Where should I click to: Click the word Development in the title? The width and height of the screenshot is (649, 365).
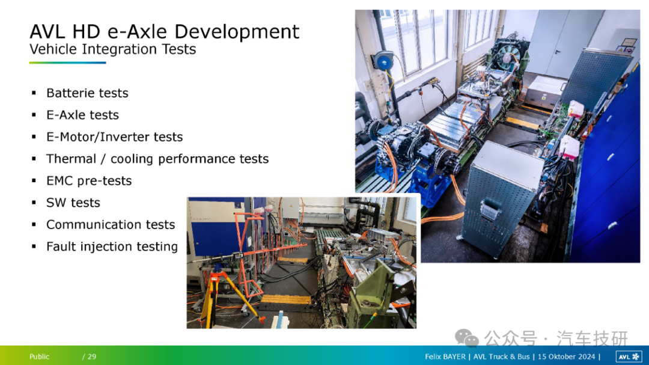[237, 32]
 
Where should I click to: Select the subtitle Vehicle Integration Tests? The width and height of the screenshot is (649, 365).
[112, 49]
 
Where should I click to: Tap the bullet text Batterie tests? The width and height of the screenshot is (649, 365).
[87, 93]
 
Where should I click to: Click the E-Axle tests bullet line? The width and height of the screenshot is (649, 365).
[82, 115]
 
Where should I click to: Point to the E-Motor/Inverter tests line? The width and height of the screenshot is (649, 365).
[114, 136]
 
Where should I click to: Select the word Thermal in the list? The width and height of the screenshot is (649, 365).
[71, 159]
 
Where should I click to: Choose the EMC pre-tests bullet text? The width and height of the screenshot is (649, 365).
[89, 180]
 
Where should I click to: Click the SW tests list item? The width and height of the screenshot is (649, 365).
[73, 203]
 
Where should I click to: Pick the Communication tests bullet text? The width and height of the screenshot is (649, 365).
[111, 224]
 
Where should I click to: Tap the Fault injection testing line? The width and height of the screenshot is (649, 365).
[112, 247]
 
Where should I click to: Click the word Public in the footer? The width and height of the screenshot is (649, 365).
[39, 357]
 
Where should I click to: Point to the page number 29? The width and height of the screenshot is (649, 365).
[92, 357]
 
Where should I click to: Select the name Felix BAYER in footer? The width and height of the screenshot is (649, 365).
[445, 357]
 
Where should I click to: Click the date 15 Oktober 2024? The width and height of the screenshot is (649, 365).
[566, 357]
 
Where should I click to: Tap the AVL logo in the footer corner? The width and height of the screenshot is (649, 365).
[629, 357]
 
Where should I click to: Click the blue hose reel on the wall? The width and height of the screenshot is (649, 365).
[383, 61]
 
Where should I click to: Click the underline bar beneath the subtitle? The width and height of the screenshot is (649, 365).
[67, 63]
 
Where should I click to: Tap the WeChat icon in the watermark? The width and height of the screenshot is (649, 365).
[466, 338]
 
